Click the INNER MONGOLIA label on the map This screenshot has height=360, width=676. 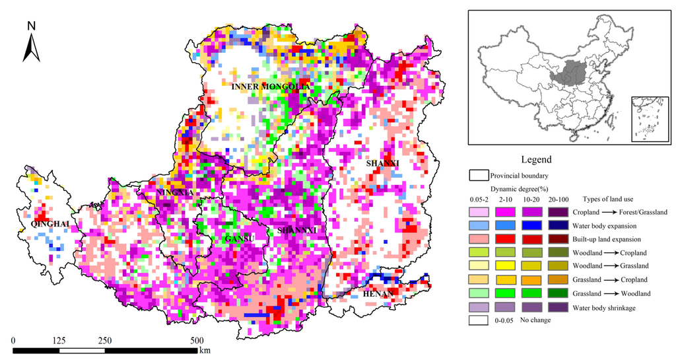click(271, 87)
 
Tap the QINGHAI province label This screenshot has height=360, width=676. click(46, 225)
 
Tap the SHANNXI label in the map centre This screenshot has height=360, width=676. click(298, 230)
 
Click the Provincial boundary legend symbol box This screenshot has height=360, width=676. click(478, 176)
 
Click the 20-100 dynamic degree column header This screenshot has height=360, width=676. click(560, 199)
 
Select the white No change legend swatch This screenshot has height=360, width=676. click(478, 320)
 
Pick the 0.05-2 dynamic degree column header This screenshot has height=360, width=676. click(478, 199)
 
